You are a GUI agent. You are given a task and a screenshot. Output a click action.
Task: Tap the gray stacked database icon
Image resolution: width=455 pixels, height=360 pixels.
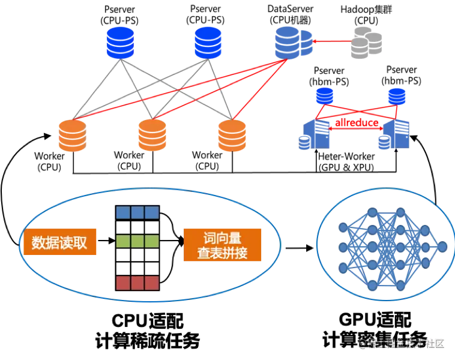366,41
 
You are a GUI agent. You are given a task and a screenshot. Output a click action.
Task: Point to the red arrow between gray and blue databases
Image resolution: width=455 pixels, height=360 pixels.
332,41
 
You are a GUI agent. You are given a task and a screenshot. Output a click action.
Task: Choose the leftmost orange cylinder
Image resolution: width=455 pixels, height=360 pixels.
72,136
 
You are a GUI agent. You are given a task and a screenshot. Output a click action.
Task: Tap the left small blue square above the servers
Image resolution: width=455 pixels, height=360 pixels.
325,96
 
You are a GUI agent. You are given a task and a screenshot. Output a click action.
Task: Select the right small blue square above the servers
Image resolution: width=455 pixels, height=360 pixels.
396,96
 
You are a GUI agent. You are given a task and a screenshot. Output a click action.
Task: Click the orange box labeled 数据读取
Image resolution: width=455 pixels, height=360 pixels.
59,242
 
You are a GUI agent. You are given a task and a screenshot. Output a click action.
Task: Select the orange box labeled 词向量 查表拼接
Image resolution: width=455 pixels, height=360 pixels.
223,245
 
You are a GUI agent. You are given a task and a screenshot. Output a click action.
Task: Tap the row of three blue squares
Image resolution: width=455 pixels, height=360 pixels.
137,212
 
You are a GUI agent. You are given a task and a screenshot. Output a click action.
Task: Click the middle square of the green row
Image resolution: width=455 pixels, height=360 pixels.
137,242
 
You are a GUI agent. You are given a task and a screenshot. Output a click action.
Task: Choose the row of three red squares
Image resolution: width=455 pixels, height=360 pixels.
137,283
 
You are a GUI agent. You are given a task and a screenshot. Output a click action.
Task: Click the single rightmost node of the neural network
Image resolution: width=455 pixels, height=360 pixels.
442,247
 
